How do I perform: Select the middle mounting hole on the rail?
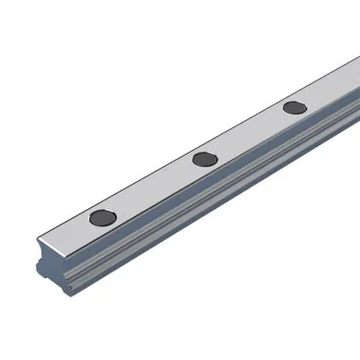pyautogui.click(x=203, y=158)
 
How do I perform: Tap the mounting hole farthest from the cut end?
pyautogui.click(x=294, y=107)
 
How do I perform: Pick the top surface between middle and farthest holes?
pyautogui.click(x=249, y=132)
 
